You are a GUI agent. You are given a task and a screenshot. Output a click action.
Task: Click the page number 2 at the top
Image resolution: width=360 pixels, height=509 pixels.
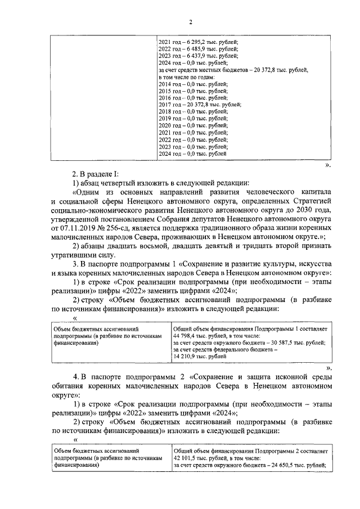point(191,22)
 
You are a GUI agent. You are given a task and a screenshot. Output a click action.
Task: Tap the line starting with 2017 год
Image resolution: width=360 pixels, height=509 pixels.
point(199,105)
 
